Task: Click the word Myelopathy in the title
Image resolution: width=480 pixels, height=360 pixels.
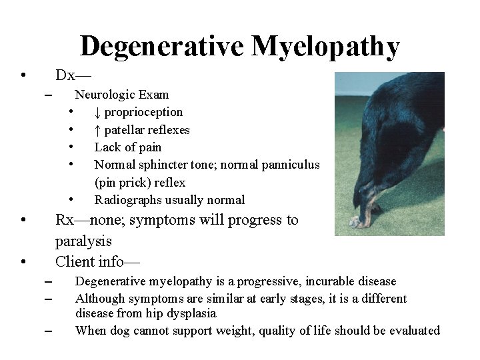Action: (325, 46)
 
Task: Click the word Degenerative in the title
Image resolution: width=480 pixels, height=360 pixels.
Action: (163, 46)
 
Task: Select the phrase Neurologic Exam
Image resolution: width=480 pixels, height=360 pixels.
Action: (121, 95)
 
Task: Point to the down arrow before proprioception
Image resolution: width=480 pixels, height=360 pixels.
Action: (97, 112)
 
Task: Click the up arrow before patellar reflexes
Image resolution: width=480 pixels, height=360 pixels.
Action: (97, 130)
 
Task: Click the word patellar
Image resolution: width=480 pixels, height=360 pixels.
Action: (124, 130)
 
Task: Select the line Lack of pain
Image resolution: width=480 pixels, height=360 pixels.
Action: (127, 147)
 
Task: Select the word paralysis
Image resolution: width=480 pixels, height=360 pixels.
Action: (83, 241)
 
